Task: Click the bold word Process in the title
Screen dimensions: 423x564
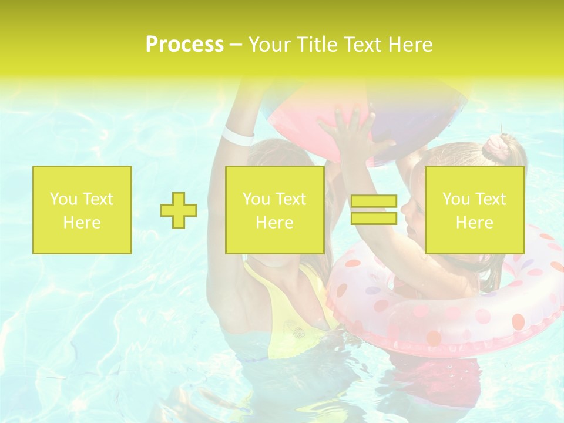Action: click(184, 45)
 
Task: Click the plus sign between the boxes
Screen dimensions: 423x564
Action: click(179, 210)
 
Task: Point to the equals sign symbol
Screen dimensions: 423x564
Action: click(374, 210)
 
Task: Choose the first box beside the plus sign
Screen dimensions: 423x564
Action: click(82, 210)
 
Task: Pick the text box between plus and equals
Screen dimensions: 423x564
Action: click(275, 210)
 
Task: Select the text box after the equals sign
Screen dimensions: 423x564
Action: click(475, 210)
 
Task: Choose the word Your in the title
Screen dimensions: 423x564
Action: click(269, 45)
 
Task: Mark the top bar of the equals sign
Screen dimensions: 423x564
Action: click(374, 202)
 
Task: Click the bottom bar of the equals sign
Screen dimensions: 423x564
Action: click(374, 218)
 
